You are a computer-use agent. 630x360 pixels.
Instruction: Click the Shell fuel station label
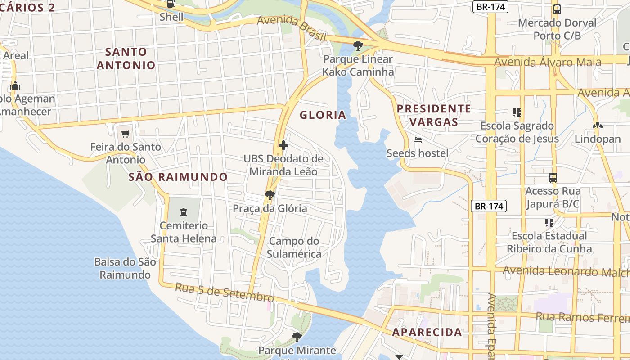click(x=171, y=17)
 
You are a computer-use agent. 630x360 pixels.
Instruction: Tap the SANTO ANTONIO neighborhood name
click(x=126, y=58)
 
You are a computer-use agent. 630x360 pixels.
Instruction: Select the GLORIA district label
click(x=323, y=115)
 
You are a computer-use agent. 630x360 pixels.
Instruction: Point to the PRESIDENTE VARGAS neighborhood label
click(x=434, y=115)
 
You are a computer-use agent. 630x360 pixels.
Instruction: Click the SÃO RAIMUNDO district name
click(x=178, y=177)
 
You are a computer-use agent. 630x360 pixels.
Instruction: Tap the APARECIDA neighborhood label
click(x=427, y=333)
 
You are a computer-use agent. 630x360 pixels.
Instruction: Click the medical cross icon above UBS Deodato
click(x=283, y=145)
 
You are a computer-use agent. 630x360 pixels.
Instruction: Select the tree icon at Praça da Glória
click(x=270, y=195)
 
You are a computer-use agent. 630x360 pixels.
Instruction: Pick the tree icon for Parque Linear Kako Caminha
click(x=358, y=45)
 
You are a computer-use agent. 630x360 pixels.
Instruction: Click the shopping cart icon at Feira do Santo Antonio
click(x=126, y=134)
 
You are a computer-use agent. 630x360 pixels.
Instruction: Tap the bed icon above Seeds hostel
click(x=418, y=140)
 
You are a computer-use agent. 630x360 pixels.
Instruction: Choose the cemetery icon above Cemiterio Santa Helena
click(x=183, y=212)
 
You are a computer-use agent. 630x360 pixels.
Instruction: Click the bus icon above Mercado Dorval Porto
click(x=557, y=9)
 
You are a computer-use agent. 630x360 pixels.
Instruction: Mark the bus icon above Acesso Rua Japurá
click(x=553, y=178)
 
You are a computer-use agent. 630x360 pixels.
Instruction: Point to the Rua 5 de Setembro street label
click(x=224, y=292)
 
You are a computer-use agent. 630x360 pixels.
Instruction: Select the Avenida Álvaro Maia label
click(x=548, y=62)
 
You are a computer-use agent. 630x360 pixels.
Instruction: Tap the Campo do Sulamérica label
click(x=294, y=247)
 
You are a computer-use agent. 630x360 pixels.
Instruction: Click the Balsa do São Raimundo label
click(x=125, y=268)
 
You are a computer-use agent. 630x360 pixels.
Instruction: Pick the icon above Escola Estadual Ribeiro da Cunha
click(x=549, y=222)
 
